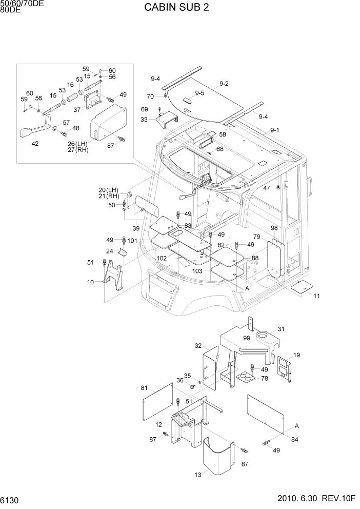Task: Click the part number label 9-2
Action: pos(224,84)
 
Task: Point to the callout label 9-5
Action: pos(199,93)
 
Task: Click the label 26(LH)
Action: pos(78,143)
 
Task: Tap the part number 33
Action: pos(144,119)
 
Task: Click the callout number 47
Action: pos(266,188)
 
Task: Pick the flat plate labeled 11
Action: pos(302,288)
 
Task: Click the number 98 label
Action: pos(274,228)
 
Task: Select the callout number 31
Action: pos(281,329)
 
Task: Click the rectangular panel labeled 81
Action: pos(157,401)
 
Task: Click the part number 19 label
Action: pos(297,355)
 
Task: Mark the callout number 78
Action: pos(265,378)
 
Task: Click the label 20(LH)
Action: pos(109,189)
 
